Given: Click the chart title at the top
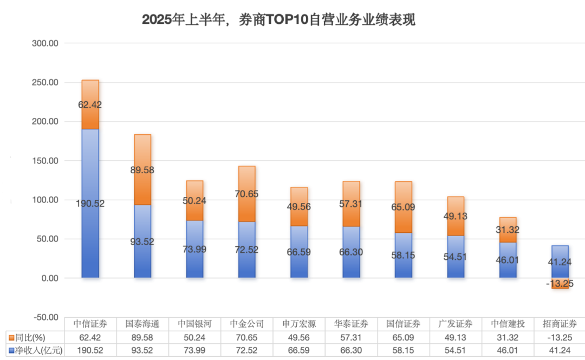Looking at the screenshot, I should pos(278,20).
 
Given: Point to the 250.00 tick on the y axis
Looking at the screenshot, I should pos(45,83).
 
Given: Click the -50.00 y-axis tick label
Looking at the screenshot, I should pos(45,317).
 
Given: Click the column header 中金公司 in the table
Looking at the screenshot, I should pos(247,324).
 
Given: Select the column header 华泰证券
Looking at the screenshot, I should pos(351,324).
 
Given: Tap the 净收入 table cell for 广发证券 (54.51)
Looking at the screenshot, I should pos(456,350).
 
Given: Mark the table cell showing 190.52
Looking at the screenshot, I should pos(90,350).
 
